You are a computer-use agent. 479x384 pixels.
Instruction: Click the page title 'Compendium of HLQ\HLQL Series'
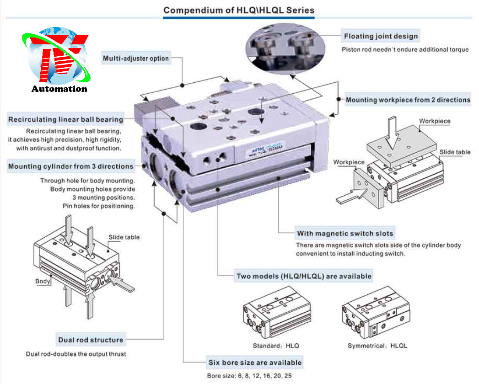click(239, 10)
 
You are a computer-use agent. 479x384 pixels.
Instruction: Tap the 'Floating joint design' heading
click(381, 36)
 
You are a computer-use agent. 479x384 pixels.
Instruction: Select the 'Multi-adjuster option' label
click(136, 58)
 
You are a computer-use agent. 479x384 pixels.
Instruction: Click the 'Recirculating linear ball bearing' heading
click(66, 120)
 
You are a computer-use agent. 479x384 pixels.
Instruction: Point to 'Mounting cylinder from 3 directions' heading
click(71, 166)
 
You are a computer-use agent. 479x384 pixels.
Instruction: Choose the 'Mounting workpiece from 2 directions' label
click(408, 100)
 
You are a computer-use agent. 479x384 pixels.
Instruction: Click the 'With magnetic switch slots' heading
click(345, 234)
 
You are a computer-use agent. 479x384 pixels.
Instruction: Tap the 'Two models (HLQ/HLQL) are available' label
click(304, 276)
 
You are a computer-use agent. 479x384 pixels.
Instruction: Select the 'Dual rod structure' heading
click(91, 340)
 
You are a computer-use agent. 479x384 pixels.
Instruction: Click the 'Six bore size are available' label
click(255, 363)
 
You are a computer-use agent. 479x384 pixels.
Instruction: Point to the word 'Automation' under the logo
click(59, 89)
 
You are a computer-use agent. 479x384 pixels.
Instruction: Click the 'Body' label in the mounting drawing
click(43, 281)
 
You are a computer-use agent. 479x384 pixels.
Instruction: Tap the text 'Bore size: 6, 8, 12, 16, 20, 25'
click(249, 376)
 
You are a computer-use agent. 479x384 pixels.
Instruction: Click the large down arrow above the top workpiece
click(393, 132)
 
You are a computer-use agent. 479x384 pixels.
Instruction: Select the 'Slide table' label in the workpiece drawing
click(455, 152)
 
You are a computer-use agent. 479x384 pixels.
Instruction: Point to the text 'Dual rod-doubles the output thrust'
click(76, 354)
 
